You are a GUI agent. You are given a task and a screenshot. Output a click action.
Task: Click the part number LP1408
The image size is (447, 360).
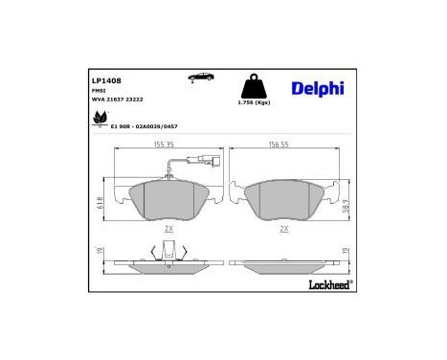106,80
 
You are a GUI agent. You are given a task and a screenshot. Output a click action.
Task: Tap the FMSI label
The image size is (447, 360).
99,91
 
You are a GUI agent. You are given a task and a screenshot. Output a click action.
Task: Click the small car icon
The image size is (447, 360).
200,77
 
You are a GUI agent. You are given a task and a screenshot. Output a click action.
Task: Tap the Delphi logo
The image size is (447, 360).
317,88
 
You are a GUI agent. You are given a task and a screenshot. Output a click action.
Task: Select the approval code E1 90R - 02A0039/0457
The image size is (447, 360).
145,125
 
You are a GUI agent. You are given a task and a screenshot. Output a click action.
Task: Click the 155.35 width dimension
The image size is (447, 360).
163,145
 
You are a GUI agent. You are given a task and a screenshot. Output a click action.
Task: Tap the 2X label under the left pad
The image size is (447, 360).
168,229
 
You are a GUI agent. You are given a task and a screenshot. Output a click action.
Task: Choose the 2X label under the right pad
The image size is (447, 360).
283,229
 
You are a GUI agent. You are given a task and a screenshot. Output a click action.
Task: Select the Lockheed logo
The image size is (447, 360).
330,284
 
